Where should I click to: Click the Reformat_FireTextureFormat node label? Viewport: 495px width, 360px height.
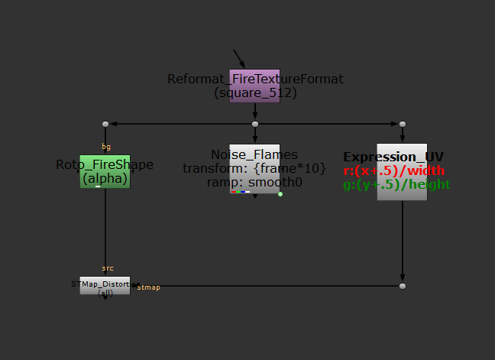pos(255,79)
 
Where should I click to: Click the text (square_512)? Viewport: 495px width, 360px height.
pos(255,92)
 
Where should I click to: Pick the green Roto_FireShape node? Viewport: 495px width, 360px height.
pos(105,172)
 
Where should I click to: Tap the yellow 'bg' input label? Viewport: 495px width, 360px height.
pos(106,146)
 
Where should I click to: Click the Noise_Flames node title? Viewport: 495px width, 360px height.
pos(254,154)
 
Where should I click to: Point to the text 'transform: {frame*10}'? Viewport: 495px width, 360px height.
pos(254,168)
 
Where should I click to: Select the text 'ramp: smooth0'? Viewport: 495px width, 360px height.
pos(254,182)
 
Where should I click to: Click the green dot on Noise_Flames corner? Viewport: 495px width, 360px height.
pos(280,194)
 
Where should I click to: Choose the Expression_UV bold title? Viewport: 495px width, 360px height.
pos(393,157)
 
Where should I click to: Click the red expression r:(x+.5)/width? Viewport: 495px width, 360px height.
pos(394,170)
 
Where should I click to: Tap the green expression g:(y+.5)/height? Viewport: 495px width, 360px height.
pos(396,184)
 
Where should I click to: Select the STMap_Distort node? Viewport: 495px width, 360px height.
pos(105,286)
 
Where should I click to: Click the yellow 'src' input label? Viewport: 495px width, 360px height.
pos(107,268)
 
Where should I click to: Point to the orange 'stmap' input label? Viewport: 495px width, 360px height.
pos(148,287)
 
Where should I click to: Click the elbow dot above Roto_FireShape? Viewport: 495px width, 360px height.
pos(105,124)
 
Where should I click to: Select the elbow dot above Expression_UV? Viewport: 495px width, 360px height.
pos(403,124)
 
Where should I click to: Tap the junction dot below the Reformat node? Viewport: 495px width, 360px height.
pos(255,124)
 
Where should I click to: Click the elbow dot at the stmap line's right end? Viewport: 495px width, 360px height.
pos(403,286)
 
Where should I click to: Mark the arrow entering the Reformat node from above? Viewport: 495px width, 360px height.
pos(239,58)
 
